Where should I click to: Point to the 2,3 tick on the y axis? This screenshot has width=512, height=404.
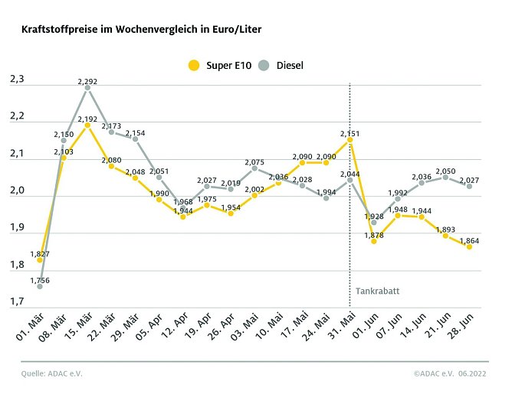[17, 80]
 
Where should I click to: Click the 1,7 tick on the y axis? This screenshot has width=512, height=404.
[17, 303]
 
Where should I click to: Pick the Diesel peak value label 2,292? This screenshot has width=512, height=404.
[87, 80]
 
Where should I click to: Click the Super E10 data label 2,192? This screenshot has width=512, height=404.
[87, 119]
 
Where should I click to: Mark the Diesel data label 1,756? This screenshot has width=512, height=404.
[39, 281]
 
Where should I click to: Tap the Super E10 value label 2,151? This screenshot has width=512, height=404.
[350, 133]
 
